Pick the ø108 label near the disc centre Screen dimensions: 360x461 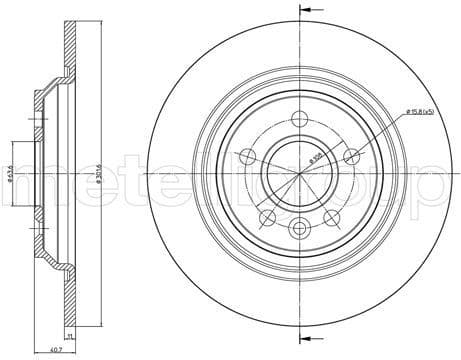click(x=314, y=157)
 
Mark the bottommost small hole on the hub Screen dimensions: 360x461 click(x=298, y=231)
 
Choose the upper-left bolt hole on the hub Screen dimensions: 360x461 click(x=245, y=156)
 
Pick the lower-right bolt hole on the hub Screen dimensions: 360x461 click(x=334, y=218)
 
